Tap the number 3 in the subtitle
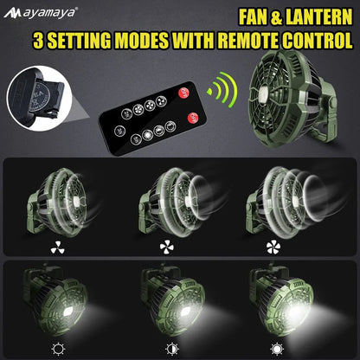click(x=40, y=40)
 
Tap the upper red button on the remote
click(x=183, y=93)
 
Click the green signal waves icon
click(x=226, y=90)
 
